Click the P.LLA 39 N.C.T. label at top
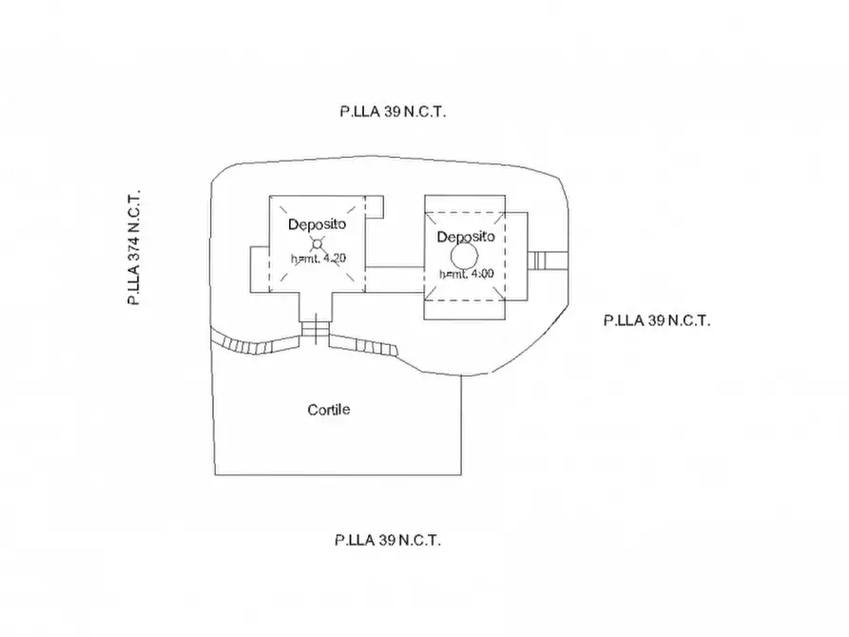pos(393,110)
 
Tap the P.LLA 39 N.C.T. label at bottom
pos(387,540)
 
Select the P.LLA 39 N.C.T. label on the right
pos(657,320)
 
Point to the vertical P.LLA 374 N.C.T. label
pos(134,245)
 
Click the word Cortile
pos(329,410)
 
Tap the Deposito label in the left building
pos(317,223)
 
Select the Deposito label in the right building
pos(465,236)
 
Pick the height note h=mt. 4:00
pos(466,275)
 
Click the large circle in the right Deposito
pos(464,256)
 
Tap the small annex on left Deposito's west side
pos(259,268)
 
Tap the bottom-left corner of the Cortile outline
pos(217,473)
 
